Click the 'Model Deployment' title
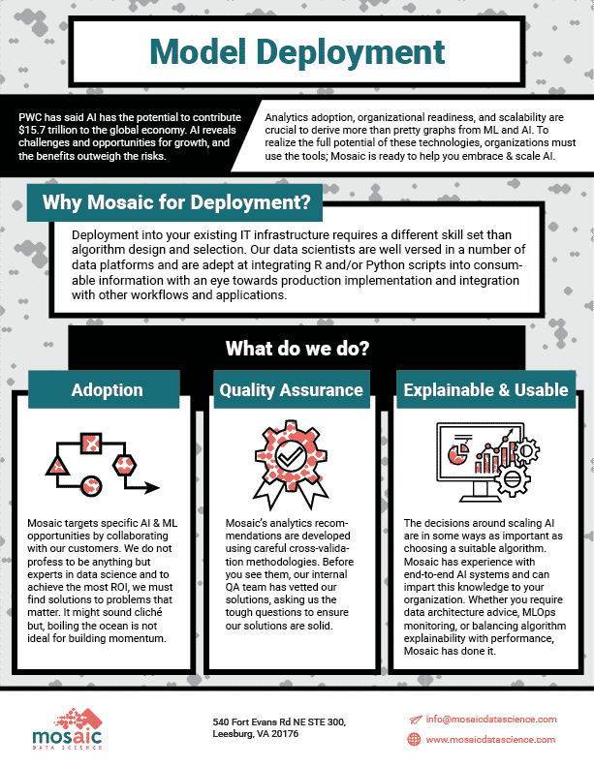point(297,52)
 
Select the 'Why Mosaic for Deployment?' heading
point(176,202)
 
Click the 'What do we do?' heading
point(297,349)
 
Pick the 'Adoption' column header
point(107,390)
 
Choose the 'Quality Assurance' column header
point(291,390)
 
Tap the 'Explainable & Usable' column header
point(485,390)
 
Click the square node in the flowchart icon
point(91,444)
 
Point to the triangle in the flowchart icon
point(58,465)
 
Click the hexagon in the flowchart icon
point(124,465)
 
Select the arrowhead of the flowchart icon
point(152,488)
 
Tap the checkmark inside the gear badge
point(291,458)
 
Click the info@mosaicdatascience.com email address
point(490,719)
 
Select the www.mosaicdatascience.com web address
point(490,739)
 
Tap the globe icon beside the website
point(414,739)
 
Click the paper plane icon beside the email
point(415,720)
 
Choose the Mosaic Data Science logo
point(68,729)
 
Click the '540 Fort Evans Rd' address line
point(279,722)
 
